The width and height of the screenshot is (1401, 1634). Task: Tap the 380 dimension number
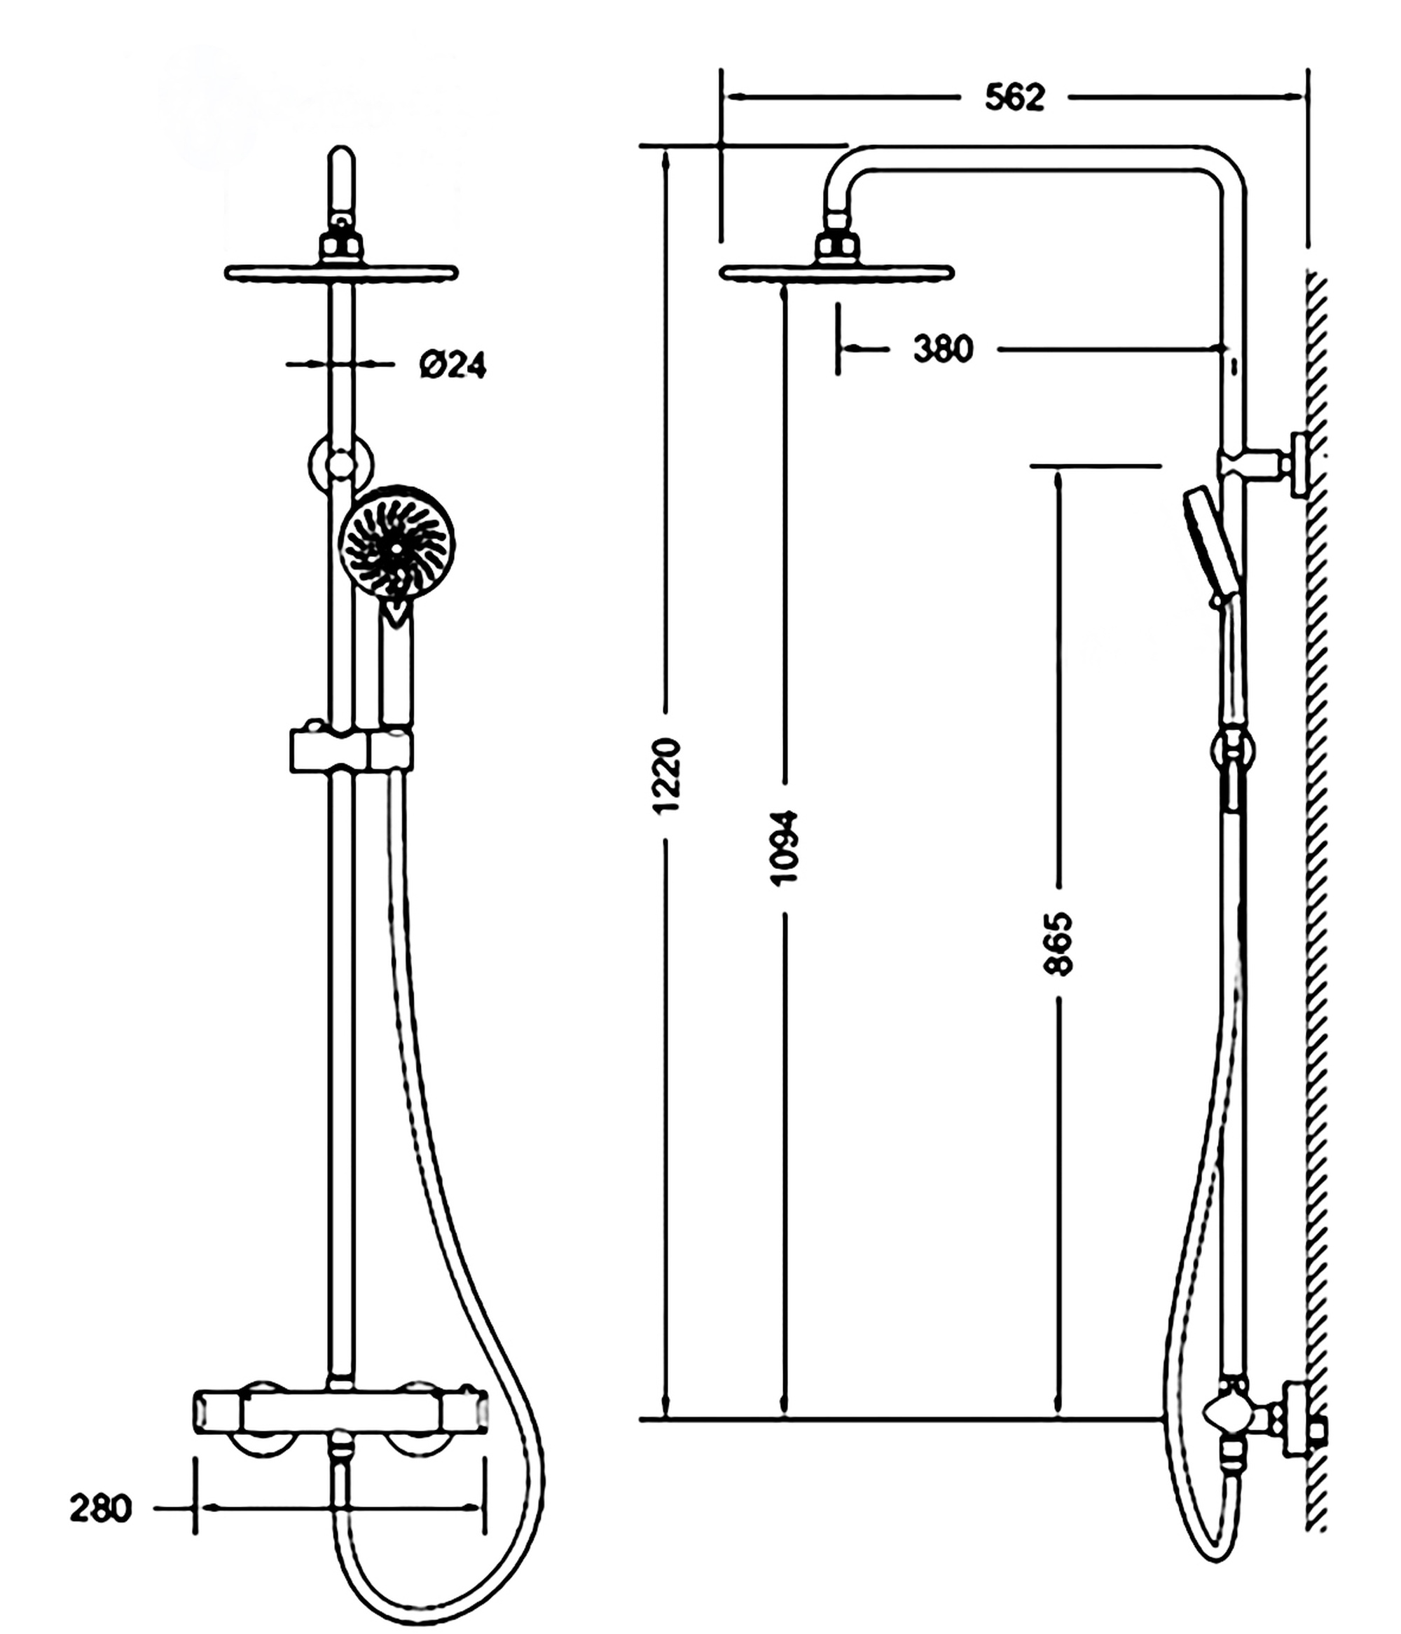pos(943,348)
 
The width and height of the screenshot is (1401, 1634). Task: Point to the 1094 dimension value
pos(785,847)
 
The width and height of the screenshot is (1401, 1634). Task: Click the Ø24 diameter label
pos(453,365)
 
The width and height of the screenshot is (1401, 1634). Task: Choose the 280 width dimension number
pos(100,1509)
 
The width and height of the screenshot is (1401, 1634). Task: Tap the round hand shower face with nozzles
pos(396,543)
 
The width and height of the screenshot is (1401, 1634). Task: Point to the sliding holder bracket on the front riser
pos(352,750)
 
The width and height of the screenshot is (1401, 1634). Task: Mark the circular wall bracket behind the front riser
pos(340,464)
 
